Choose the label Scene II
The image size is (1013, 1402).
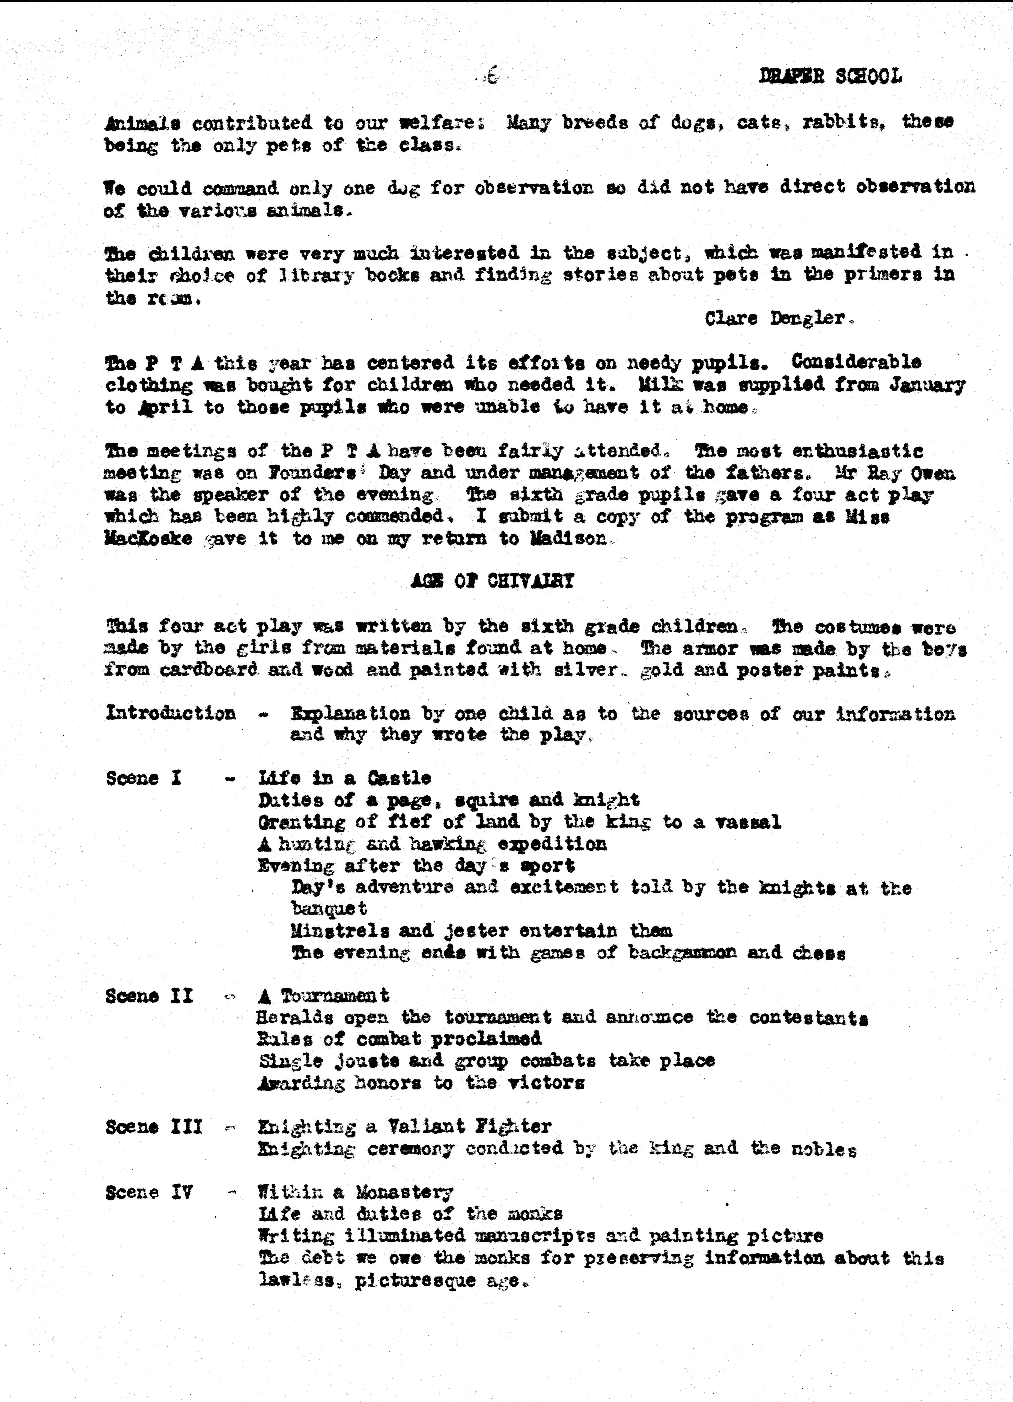149,996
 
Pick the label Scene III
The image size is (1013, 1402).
154,1126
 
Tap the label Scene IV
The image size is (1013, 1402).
149,1192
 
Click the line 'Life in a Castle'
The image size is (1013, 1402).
344,778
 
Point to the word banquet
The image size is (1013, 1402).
329,909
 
